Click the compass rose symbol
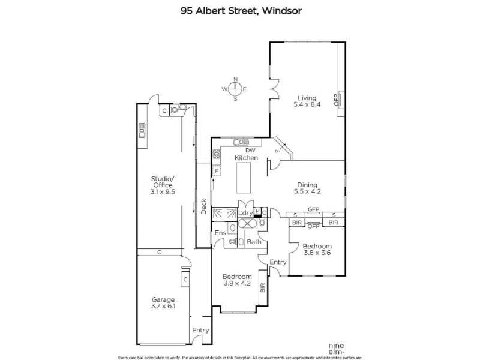coord(236,89)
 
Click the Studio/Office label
coord(163,185)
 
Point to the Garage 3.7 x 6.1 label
coord(163,303)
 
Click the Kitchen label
coord(246,158)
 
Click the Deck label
coord(204,206)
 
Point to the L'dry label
coord(245,213)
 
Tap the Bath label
coord(254,242)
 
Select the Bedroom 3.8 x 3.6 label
coord(316,250)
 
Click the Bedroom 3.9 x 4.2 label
coord(237,280)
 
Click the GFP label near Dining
coord(313,209)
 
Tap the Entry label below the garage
coord(200,330)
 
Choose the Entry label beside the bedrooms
coord(278,262)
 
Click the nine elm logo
coord(336,346)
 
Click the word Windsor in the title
coord(278,10)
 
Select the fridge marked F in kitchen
coord(215,172)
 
